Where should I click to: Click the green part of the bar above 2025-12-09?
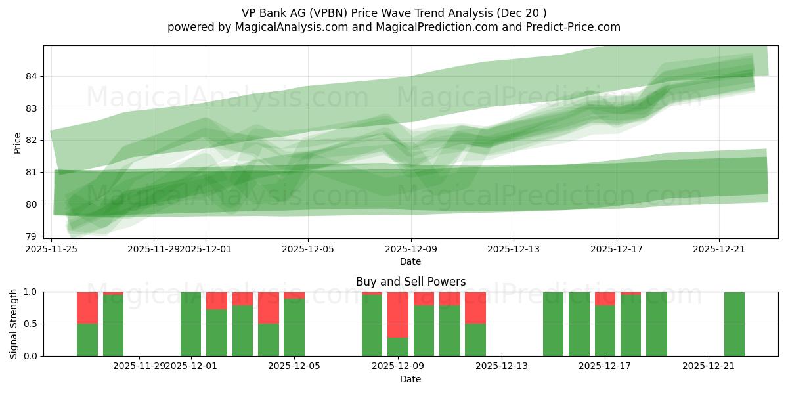pyautogui.click(x=398, y=346)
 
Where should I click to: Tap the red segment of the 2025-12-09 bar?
pyautogui.click(x=398, y=315)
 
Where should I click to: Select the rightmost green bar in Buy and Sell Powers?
pyautogui.click(x=734, y=324)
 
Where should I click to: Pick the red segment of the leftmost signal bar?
pyautogui.click(x=87, y=307)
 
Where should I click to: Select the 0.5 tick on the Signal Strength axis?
pyautogui.click(x=29, y=324)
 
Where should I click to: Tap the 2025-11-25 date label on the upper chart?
pyautogui.click(x=51, y=249)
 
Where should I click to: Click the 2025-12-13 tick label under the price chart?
pyautogui.click(x=514, y=249)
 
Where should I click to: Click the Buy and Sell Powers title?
pyautogui.click(x=410, y=282)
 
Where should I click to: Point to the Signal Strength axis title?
pyautogui.click(x=14, y=324)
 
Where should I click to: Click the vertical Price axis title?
pyautogui.click(x=17, y=142)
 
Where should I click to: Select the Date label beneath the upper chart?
pyautogui.click(x=410, y=261)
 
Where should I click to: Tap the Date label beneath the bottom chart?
pyautogui.click(x=410, y=379)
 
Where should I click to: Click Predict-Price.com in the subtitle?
pyautogui.click(x=571, y=27)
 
